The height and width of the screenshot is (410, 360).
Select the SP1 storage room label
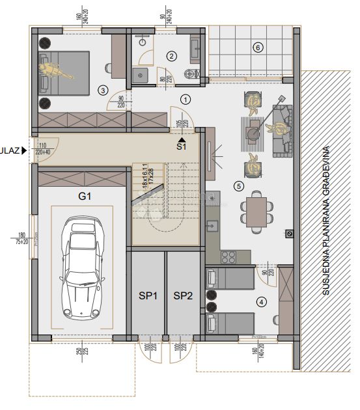(148, 295)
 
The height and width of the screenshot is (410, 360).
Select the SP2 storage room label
(184, 295)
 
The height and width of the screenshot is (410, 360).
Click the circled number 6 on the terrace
(258, 48)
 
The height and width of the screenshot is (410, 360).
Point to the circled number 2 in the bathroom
(171, 56)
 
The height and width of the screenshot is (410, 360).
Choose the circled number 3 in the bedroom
(102, 90)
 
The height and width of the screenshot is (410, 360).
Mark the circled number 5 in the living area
(238, 187)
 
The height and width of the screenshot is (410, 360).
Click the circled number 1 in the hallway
(186, 100)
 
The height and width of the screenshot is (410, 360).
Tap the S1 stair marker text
(182, 146)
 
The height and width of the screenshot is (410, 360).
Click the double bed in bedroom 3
(63, 73)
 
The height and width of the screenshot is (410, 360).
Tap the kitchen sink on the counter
(212, 227)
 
